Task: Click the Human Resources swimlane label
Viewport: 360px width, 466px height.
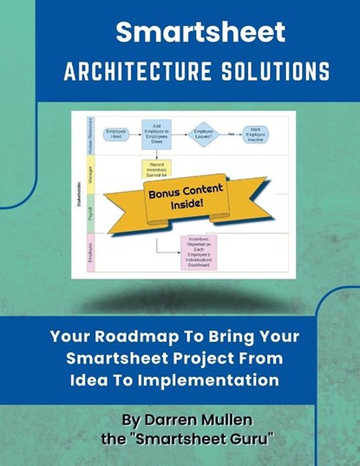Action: [88, 136]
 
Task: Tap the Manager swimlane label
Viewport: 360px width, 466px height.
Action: [88, 173]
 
